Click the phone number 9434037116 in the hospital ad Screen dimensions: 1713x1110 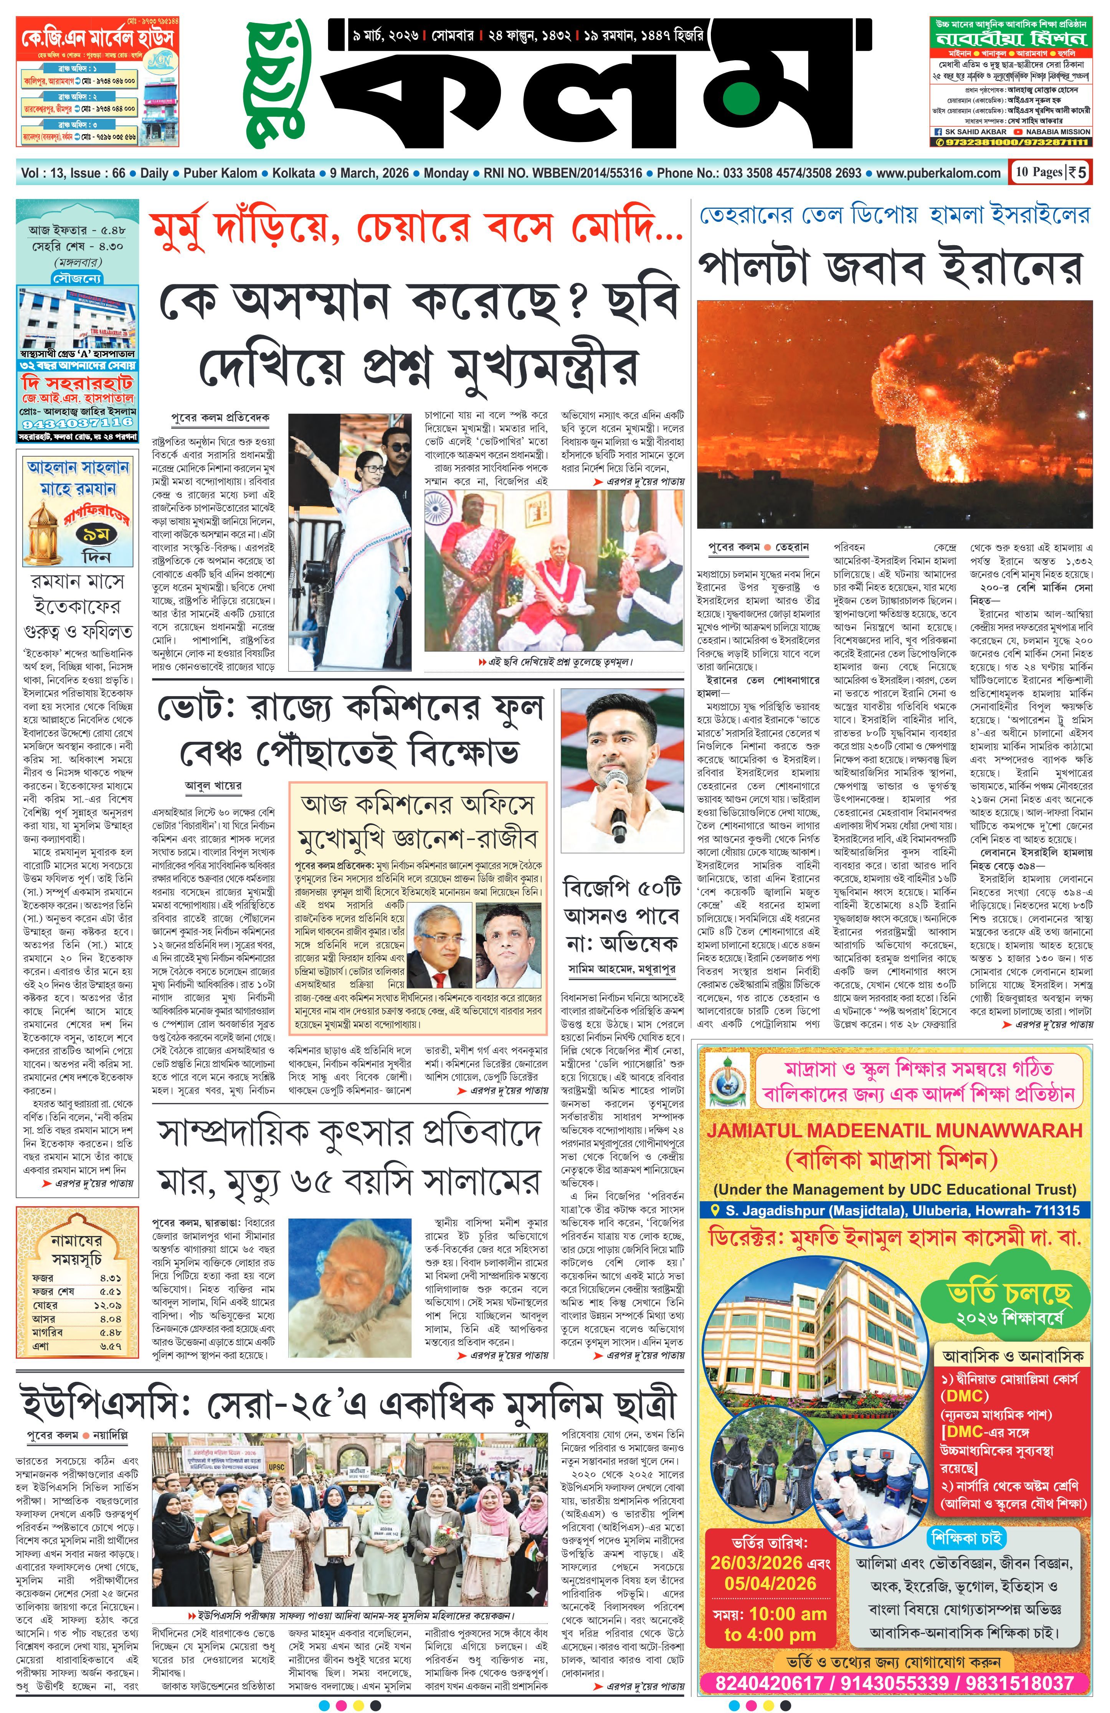pos(78,422)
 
